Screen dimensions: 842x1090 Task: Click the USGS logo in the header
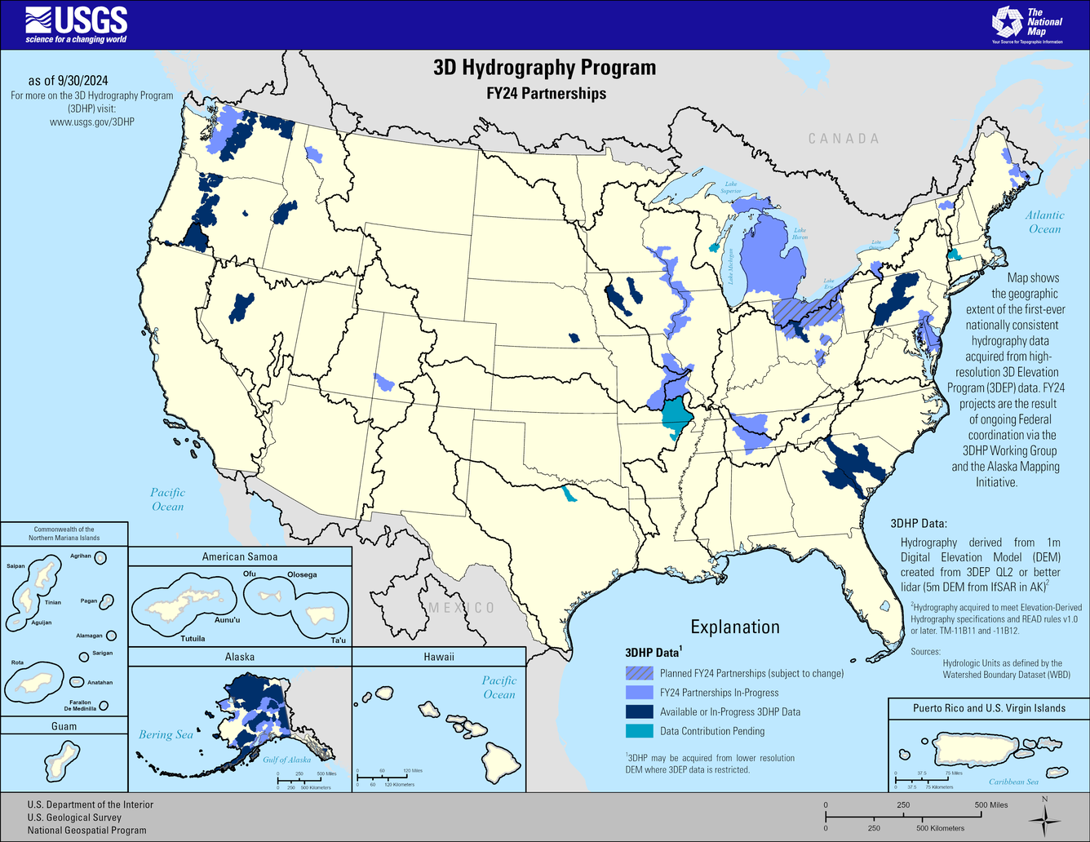(x=77, y=24)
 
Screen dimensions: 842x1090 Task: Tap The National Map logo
(x=1026, y=24)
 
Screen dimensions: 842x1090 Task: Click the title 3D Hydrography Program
(x=544, y=67)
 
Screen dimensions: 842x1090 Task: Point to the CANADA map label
(x=844, y=139)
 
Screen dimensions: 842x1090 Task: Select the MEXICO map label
(x=462, y=608)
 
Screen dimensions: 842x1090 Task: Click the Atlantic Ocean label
(x=1045, y=222)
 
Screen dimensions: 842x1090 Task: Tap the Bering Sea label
(x=166, y=734)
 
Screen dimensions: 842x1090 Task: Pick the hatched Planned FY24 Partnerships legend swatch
(x=640, y=673)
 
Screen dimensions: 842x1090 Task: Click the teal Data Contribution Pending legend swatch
(x=640, y=731)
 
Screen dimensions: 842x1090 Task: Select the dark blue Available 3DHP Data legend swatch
(x=640, y=711)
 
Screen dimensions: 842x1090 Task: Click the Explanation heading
(x=735, y=627)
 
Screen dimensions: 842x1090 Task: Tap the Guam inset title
(x=64, y=726)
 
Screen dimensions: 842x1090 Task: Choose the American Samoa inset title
(x=240, y=556)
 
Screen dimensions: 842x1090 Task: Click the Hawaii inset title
(x=439, y=657)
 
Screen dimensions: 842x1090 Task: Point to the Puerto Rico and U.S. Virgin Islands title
(x=989, y=708)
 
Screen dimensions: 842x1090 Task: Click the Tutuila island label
(x=193, y=638)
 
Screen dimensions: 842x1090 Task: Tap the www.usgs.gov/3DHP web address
(x=92, y=122)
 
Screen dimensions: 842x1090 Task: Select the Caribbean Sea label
(x=1013, y=782)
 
